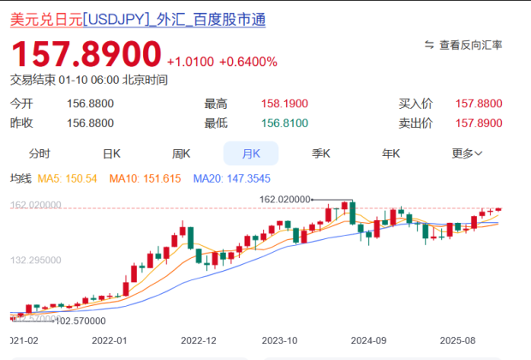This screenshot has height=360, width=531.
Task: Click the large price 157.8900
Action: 86,55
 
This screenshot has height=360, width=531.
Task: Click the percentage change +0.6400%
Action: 248,62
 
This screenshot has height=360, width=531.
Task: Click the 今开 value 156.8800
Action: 90,104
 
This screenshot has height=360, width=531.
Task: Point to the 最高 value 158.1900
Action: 285,104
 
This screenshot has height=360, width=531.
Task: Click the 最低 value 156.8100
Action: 285,123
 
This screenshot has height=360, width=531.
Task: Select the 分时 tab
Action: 39,153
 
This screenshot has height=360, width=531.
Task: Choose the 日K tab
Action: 111,153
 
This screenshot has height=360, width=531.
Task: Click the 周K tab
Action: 181,153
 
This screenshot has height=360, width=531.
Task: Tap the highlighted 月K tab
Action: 251,153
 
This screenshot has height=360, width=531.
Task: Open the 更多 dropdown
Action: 467,153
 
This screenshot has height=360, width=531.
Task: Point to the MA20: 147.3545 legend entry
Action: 230,179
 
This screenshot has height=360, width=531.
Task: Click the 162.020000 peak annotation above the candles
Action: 283,199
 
